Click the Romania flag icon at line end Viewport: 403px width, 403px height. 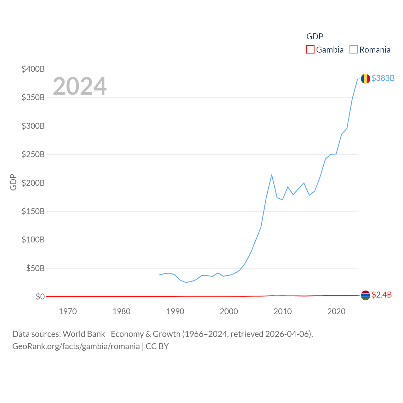(x=365, y=79)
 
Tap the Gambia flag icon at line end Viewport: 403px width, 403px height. (x=365, y=295)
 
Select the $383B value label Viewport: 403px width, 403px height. (x=383, y=78)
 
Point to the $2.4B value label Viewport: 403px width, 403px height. (x=382, y=295)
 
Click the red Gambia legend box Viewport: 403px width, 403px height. (x=310, y=50)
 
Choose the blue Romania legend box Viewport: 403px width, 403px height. (x=354, y=50)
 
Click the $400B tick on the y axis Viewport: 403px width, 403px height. (x=33, y=69)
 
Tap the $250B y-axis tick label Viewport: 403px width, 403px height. (x=33, y=155)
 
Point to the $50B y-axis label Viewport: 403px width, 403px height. (x=35, y=269)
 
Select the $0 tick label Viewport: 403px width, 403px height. (x=40, y=297)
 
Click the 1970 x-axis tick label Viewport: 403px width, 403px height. (x=68, y=312)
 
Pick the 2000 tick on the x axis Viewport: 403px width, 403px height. (x=229, y=312)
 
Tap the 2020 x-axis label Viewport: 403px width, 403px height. (x=336, y=312)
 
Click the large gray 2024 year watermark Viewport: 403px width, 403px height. (x=80, y=86)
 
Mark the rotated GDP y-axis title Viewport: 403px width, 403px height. (x=13, y=182)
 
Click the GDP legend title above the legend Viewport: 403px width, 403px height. (x=315, y=37)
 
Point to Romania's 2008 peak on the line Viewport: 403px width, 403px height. (x=271, y=175)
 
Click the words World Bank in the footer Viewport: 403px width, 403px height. (x=84, y=334)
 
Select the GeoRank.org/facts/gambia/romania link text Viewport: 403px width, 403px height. (x=76, y=346)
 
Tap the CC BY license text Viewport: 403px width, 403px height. (x=157, y=346)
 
